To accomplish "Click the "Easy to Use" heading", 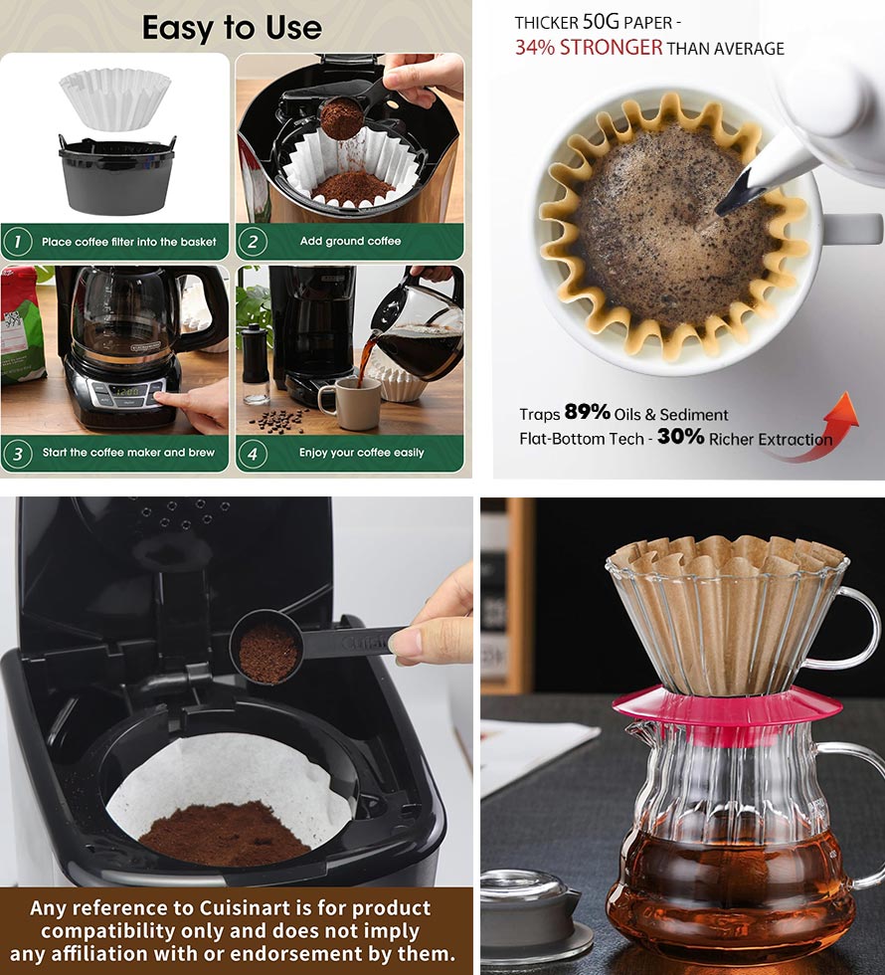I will coord(232,27).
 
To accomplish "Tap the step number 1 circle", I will coord(16,241).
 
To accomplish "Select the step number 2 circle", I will coord(252,241).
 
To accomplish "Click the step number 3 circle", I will coord(16,453).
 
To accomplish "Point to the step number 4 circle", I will coord(252,453).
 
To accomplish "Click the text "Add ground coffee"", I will coord(350,242).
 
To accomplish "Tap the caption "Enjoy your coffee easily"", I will coord(361,453).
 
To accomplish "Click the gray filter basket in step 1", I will coord(117,178).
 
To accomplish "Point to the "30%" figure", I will coord(680,437).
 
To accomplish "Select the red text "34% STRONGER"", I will coord(589,48).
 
